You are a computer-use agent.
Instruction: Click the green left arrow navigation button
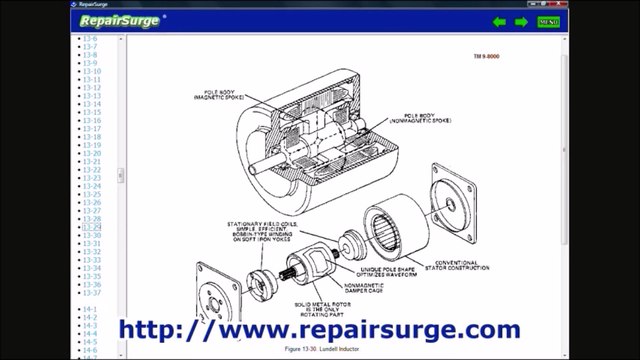click(x=499, y=22)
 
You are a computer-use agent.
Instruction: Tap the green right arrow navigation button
click(x=521, y=22)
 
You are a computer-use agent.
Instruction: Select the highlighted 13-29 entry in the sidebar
click(x=91, y=227)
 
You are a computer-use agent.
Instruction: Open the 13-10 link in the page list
click(x=91, y=71)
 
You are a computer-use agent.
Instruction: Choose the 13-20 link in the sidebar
click(x=91, y=153)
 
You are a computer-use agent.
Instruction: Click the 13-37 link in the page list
click(x=91, y=293)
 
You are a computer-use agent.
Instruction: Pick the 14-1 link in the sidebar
click(x=90, y=309)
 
